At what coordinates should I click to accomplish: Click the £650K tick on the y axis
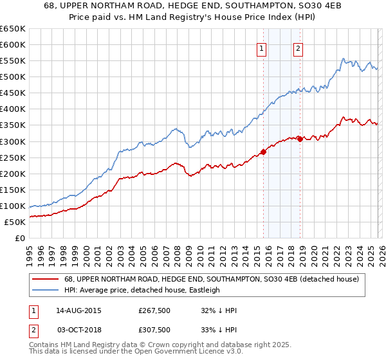click(13, 29)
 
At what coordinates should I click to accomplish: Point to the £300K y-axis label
click(13, 141)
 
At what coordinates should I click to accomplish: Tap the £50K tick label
click(15, 222)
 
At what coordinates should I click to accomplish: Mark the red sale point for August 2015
click(263, 152)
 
